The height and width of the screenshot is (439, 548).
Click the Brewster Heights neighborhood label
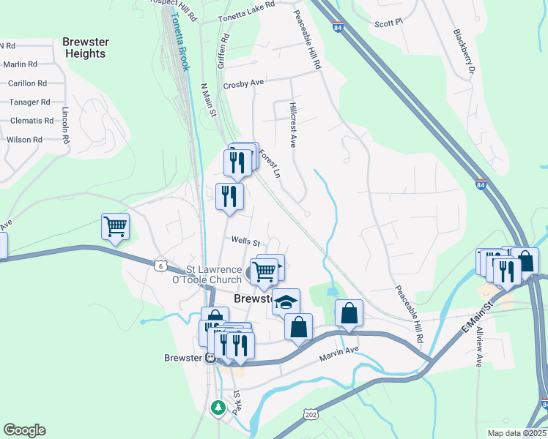coord(85,48)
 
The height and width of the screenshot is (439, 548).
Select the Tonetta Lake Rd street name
coord(246,5)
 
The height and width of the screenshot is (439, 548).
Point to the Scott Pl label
coord(389,23)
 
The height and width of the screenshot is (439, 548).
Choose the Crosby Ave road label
coord(243,83)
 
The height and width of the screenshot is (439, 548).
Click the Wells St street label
coord(246,241)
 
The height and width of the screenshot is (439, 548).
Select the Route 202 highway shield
coord(310,414)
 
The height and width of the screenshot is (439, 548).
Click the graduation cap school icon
coord(286,301)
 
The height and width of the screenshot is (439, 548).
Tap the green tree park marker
coord(218,408)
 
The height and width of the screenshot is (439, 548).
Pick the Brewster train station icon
coord(210,359)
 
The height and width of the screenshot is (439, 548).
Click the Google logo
coord(24,430)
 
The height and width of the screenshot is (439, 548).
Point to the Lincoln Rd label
coord(66,125)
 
